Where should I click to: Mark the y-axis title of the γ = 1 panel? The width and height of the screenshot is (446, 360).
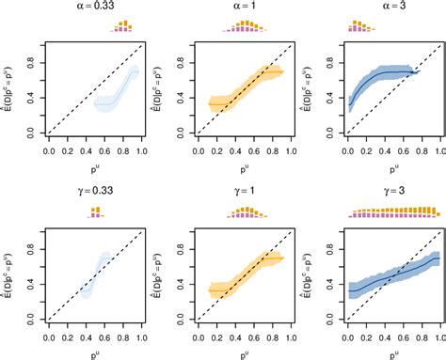pyautogui.click(x=157, y=274)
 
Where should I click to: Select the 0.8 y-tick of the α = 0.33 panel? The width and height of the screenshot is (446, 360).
pyautogui.click(x=31, y=63)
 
